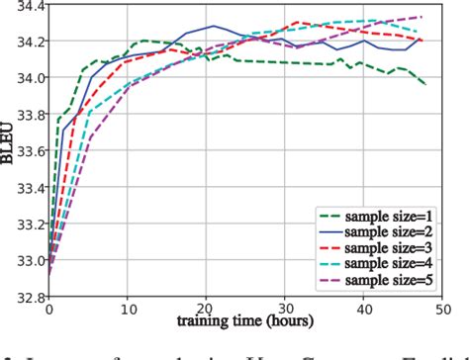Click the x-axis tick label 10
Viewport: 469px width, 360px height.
(128, 310)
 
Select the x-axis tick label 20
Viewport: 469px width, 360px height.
(206, 310)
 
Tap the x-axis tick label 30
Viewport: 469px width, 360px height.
(284, 310)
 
